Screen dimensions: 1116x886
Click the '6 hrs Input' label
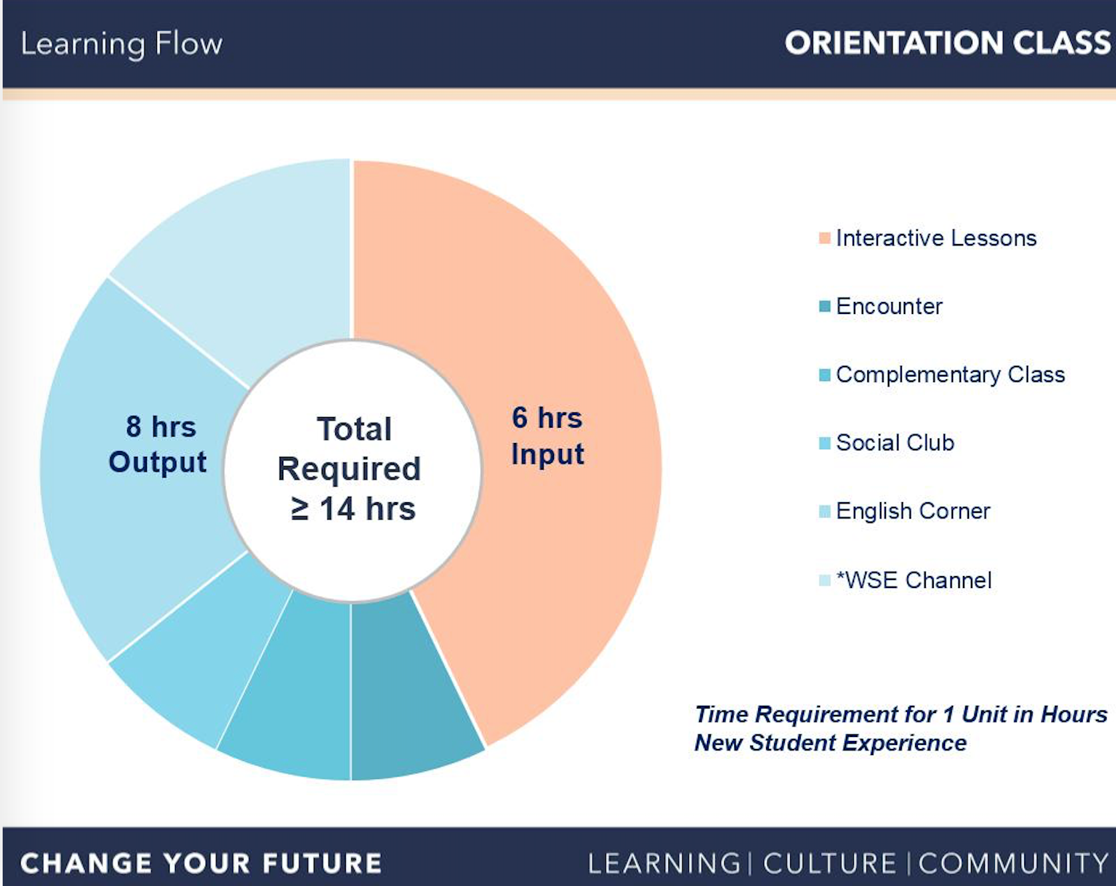[x=547, y=436]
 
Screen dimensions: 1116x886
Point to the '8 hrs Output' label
[x=158, y=444]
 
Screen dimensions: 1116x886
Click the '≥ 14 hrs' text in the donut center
[x=353, y=509]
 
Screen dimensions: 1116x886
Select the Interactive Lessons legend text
[x=936, y=238]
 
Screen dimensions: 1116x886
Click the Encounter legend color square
[x=825, y=307]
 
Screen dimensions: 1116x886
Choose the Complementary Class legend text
[x=950, y=374]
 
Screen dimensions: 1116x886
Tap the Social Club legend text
[x=895, y=443]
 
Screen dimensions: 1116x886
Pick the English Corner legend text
[x=912, y=511]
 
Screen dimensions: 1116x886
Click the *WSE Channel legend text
[x=914, y=580]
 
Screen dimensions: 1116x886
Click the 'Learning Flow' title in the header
[x=122, y=45]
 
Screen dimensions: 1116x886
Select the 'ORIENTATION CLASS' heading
[x=948, y=43]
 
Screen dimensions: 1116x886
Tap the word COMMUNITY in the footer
[x=1014, y=863]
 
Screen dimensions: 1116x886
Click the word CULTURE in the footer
[x=829, y=863]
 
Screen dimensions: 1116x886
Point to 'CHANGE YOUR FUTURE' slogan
[x=201, y=863]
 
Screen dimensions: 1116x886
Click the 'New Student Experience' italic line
[x=830, y=742]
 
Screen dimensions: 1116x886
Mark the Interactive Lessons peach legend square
[x=825, y=238]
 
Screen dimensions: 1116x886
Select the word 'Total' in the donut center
[x=354, y=429]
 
